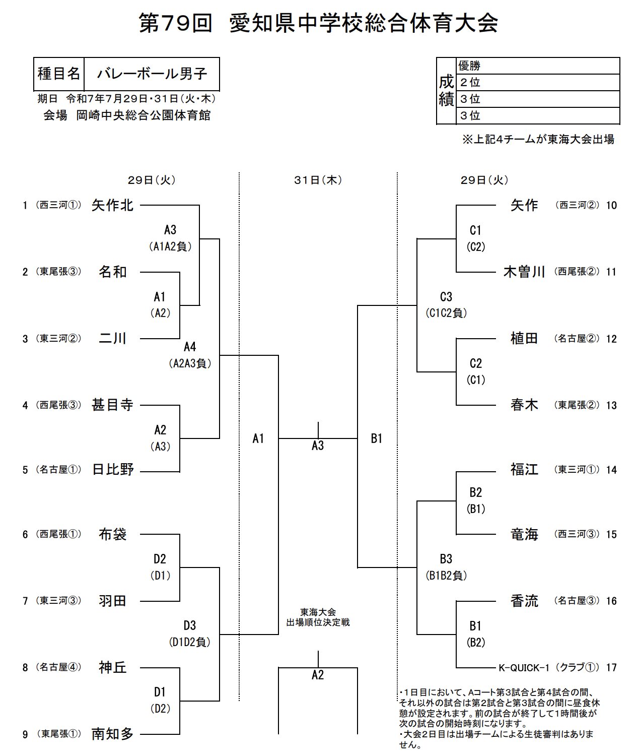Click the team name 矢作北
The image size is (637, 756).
click(112, 205)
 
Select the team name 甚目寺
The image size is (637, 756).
click(112, 405)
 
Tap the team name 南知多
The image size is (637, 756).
click(112, 734)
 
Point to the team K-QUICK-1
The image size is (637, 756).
click(523, 668)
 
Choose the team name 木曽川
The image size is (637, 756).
click(524, 272)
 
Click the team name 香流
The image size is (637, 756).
click(524, 601)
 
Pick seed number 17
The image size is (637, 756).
click(611, 668)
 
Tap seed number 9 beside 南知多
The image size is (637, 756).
click(25, 735)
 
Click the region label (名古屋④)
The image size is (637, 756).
click(58, 668)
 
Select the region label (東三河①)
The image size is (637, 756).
click(577, 470)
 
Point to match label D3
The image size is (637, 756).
click(189, 625)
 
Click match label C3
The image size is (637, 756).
click(446, 296)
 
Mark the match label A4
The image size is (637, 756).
click(189, 347)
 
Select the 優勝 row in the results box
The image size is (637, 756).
click(538, 66)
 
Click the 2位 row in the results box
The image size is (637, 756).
click(538, 83)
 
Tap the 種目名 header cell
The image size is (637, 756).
click(59, 74)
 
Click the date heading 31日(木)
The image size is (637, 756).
click(318, 180)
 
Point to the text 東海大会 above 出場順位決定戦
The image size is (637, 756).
click(318, 612)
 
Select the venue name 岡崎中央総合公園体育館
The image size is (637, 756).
click(144, 115)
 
